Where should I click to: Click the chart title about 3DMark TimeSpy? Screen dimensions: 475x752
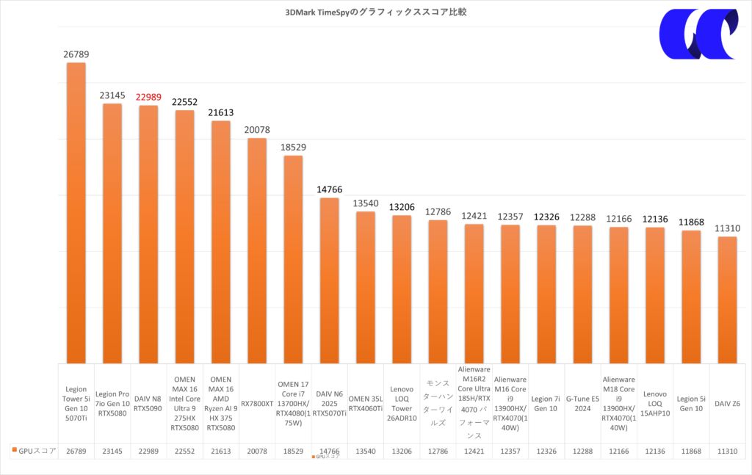[x=375, y=12]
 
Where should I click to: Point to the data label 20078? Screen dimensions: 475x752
[x=257, y=130]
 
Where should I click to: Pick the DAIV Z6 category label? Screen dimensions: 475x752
[x=726, y=403]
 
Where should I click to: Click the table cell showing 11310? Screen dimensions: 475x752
[x=726, y=451]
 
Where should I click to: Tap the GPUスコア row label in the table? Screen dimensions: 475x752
[x=35, y=451]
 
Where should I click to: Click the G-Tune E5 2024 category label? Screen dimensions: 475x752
[x=582, y=403]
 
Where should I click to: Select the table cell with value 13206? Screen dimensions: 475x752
[x=401, y=451]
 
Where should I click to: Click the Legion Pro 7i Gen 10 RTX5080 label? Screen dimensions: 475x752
[x=112, y=403]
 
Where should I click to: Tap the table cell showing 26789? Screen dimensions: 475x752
[x=76, y=451]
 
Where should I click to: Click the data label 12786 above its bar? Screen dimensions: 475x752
[x=438, y=211]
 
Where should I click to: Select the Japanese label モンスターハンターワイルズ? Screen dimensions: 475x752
[x=438, y=403]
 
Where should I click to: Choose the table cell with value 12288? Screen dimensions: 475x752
[x=582, y=451]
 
